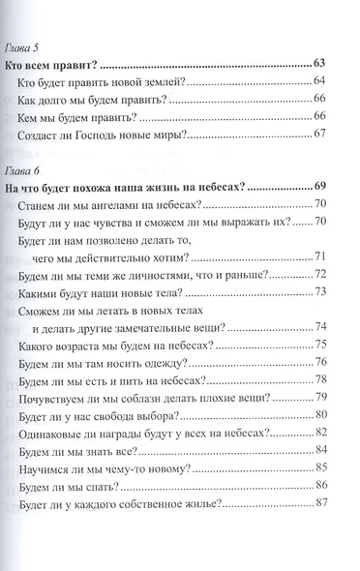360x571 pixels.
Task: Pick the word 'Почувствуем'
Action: [56, 397]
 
